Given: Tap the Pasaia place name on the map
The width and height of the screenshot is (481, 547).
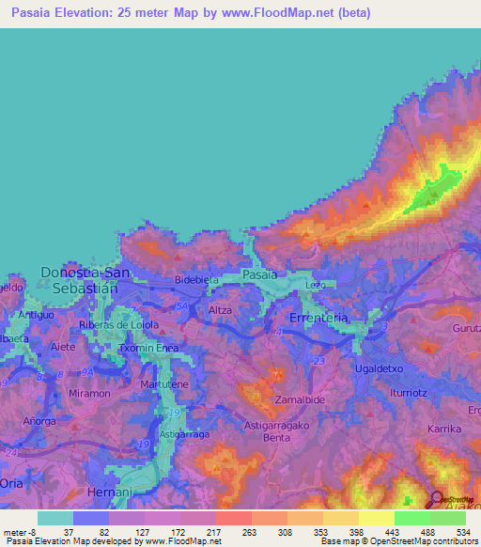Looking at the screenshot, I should [x=259, y=275].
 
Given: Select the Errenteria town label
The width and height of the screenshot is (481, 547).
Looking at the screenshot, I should [x=319, y=319].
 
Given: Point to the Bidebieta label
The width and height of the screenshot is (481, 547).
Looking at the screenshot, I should [x=198, y=281].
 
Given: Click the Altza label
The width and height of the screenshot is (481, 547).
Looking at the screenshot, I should [x=220, y=309].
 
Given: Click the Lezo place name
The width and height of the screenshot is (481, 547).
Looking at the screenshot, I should [x=315, y=285].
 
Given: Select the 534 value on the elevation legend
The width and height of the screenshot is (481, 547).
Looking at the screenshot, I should [x=462, y=532].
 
